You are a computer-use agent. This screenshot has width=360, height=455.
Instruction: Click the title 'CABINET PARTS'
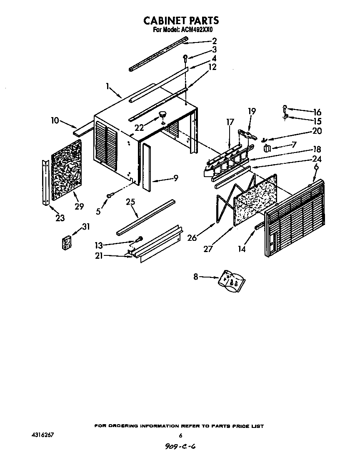(181, 20)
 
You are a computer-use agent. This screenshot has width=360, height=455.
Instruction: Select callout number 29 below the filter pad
(79, 206)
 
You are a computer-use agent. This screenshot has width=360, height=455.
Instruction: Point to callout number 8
(196, 276)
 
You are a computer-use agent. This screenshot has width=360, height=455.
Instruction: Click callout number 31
(86, 227)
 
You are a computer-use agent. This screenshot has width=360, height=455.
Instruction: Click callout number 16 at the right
(317, 112)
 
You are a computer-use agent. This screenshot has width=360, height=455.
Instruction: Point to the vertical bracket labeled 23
(45, 183)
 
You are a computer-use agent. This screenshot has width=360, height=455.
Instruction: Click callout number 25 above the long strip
(131, 202)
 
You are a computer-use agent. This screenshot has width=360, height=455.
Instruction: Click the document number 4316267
(43, 435)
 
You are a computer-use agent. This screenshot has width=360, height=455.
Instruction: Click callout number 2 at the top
(214, 41)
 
